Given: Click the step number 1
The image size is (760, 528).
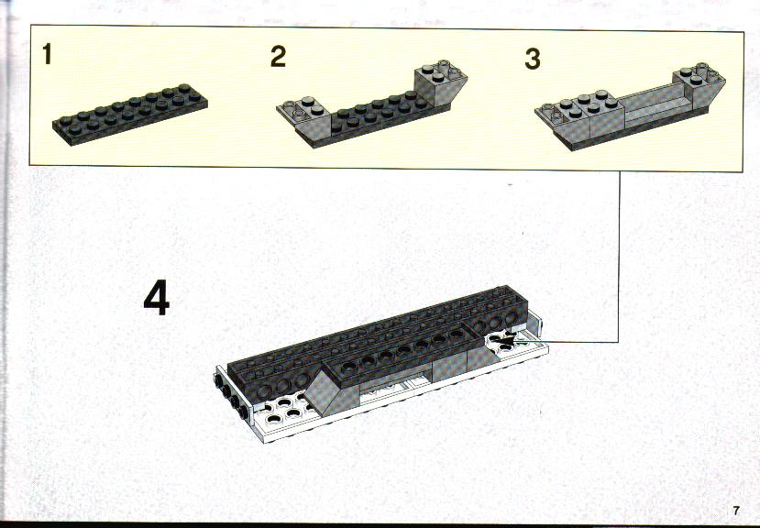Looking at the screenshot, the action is point(47,54).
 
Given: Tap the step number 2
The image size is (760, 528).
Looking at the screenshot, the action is point(278,56).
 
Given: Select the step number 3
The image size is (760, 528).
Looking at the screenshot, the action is point(533,60).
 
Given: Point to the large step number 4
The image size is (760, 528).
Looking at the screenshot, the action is point(157,297).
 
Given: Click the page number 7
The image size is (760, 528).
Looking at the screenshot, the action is point(736,511).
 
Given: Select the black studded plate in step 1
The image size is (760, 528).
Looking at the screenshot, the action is point(130,115).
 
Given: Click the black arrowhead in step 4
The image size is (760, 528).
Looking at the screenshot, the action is point(505,342).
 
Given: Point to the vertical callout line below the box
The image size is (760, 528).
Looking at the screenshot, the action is point(620,257).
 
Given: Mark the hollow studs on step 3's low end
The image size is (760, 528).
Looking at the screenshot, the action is point(547,112).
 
